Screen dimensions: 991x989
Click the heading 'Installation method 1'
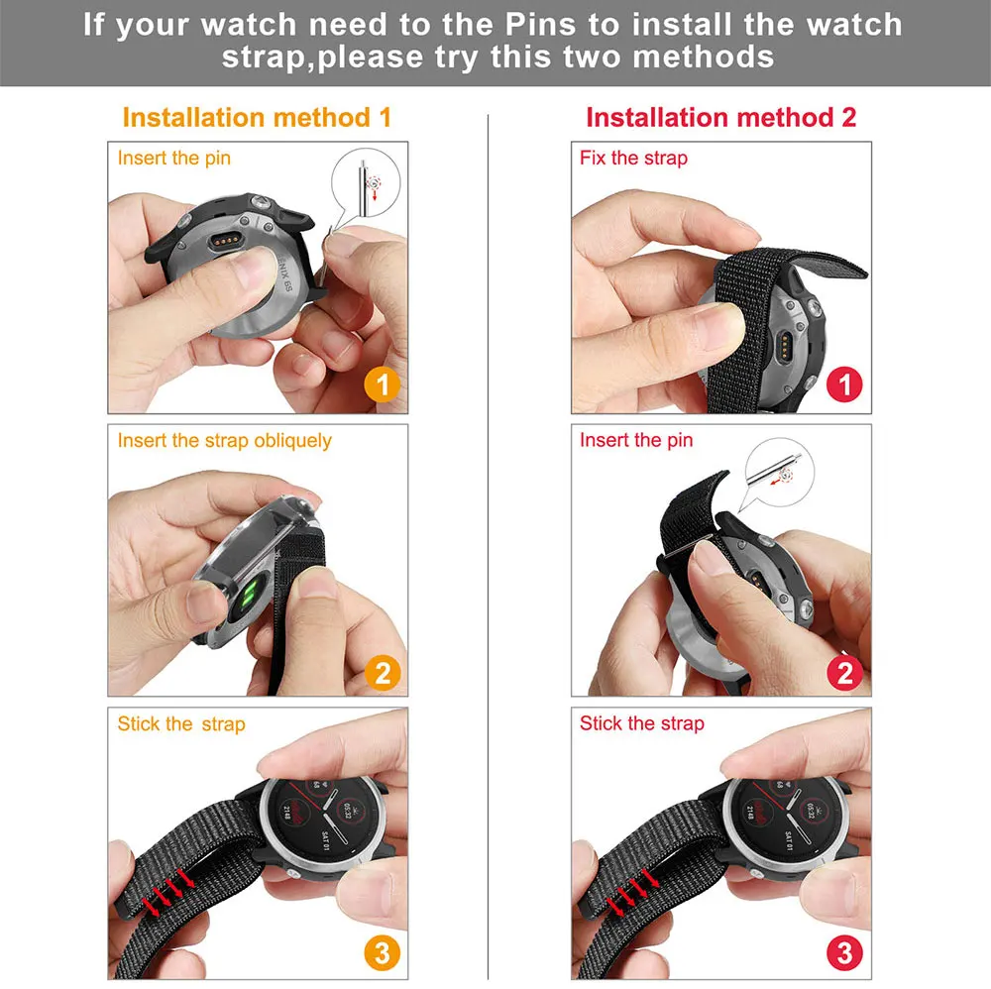coord(257,118)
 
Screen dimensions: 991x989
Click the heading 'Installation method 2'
coord(721,118)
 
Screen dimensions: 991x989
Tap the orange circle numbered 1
coord(383,385)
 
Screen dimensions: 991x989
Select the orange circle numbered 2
coord(383,673)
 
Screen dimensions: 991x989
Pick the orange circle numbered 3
coord(383,953)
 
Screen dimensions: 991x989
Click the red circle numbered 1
coord(844,385)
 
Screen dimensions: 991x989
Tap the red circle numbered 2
coord(844,673)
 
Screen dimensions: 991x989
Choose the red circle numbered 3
coord(844,953)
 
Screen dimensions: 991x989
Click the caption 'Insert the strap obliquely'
coord(224,440)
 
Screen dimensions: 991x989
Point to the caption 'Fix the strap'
coord(633,158)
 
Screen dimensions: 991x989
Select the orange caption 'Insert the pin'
coord(173,158)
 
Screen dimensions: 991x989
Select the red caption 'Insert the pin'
coord(636,440)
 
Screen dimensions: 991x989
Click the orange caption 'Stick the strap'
coord(181,723)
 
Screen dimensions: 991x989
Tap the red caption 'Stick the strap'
coord(641,723)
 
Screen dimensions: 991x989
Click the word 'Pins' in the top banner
coord(541,26)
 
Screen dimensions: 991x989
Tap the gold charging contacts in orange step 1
coord(225,241)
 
